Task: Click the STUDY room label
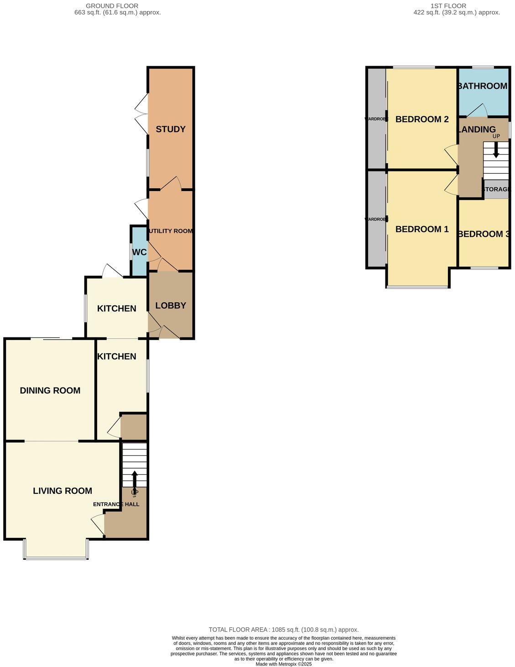[x=171, y=129]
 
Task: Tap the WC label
[x=139, y=252]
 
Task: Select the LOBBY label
[x=171, y=305]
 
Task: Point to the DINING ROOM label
[x=50, y=390]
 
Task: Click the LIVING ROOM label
[x=62, y=491]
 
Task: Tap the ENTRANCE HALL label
[x=116, y=504]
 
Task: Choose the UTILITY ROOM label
[x=171, y=231]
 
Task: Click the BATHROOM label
[x=483, y=86]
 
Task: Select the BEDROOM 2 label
[x=422, y=119]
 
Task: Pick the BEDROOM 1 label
[x=422, y=229]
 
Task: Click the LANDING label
[x=477, y=129]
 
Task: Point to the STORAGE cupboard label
[x=496, y=189]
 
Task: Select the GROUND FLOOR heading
[x=112, y=6]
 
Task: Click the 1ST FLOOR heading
[x=448, y=6]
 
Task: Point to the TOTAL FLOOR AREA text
[x=283, y=630]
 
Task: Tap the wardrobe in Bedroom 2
[x=376, y=119]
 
